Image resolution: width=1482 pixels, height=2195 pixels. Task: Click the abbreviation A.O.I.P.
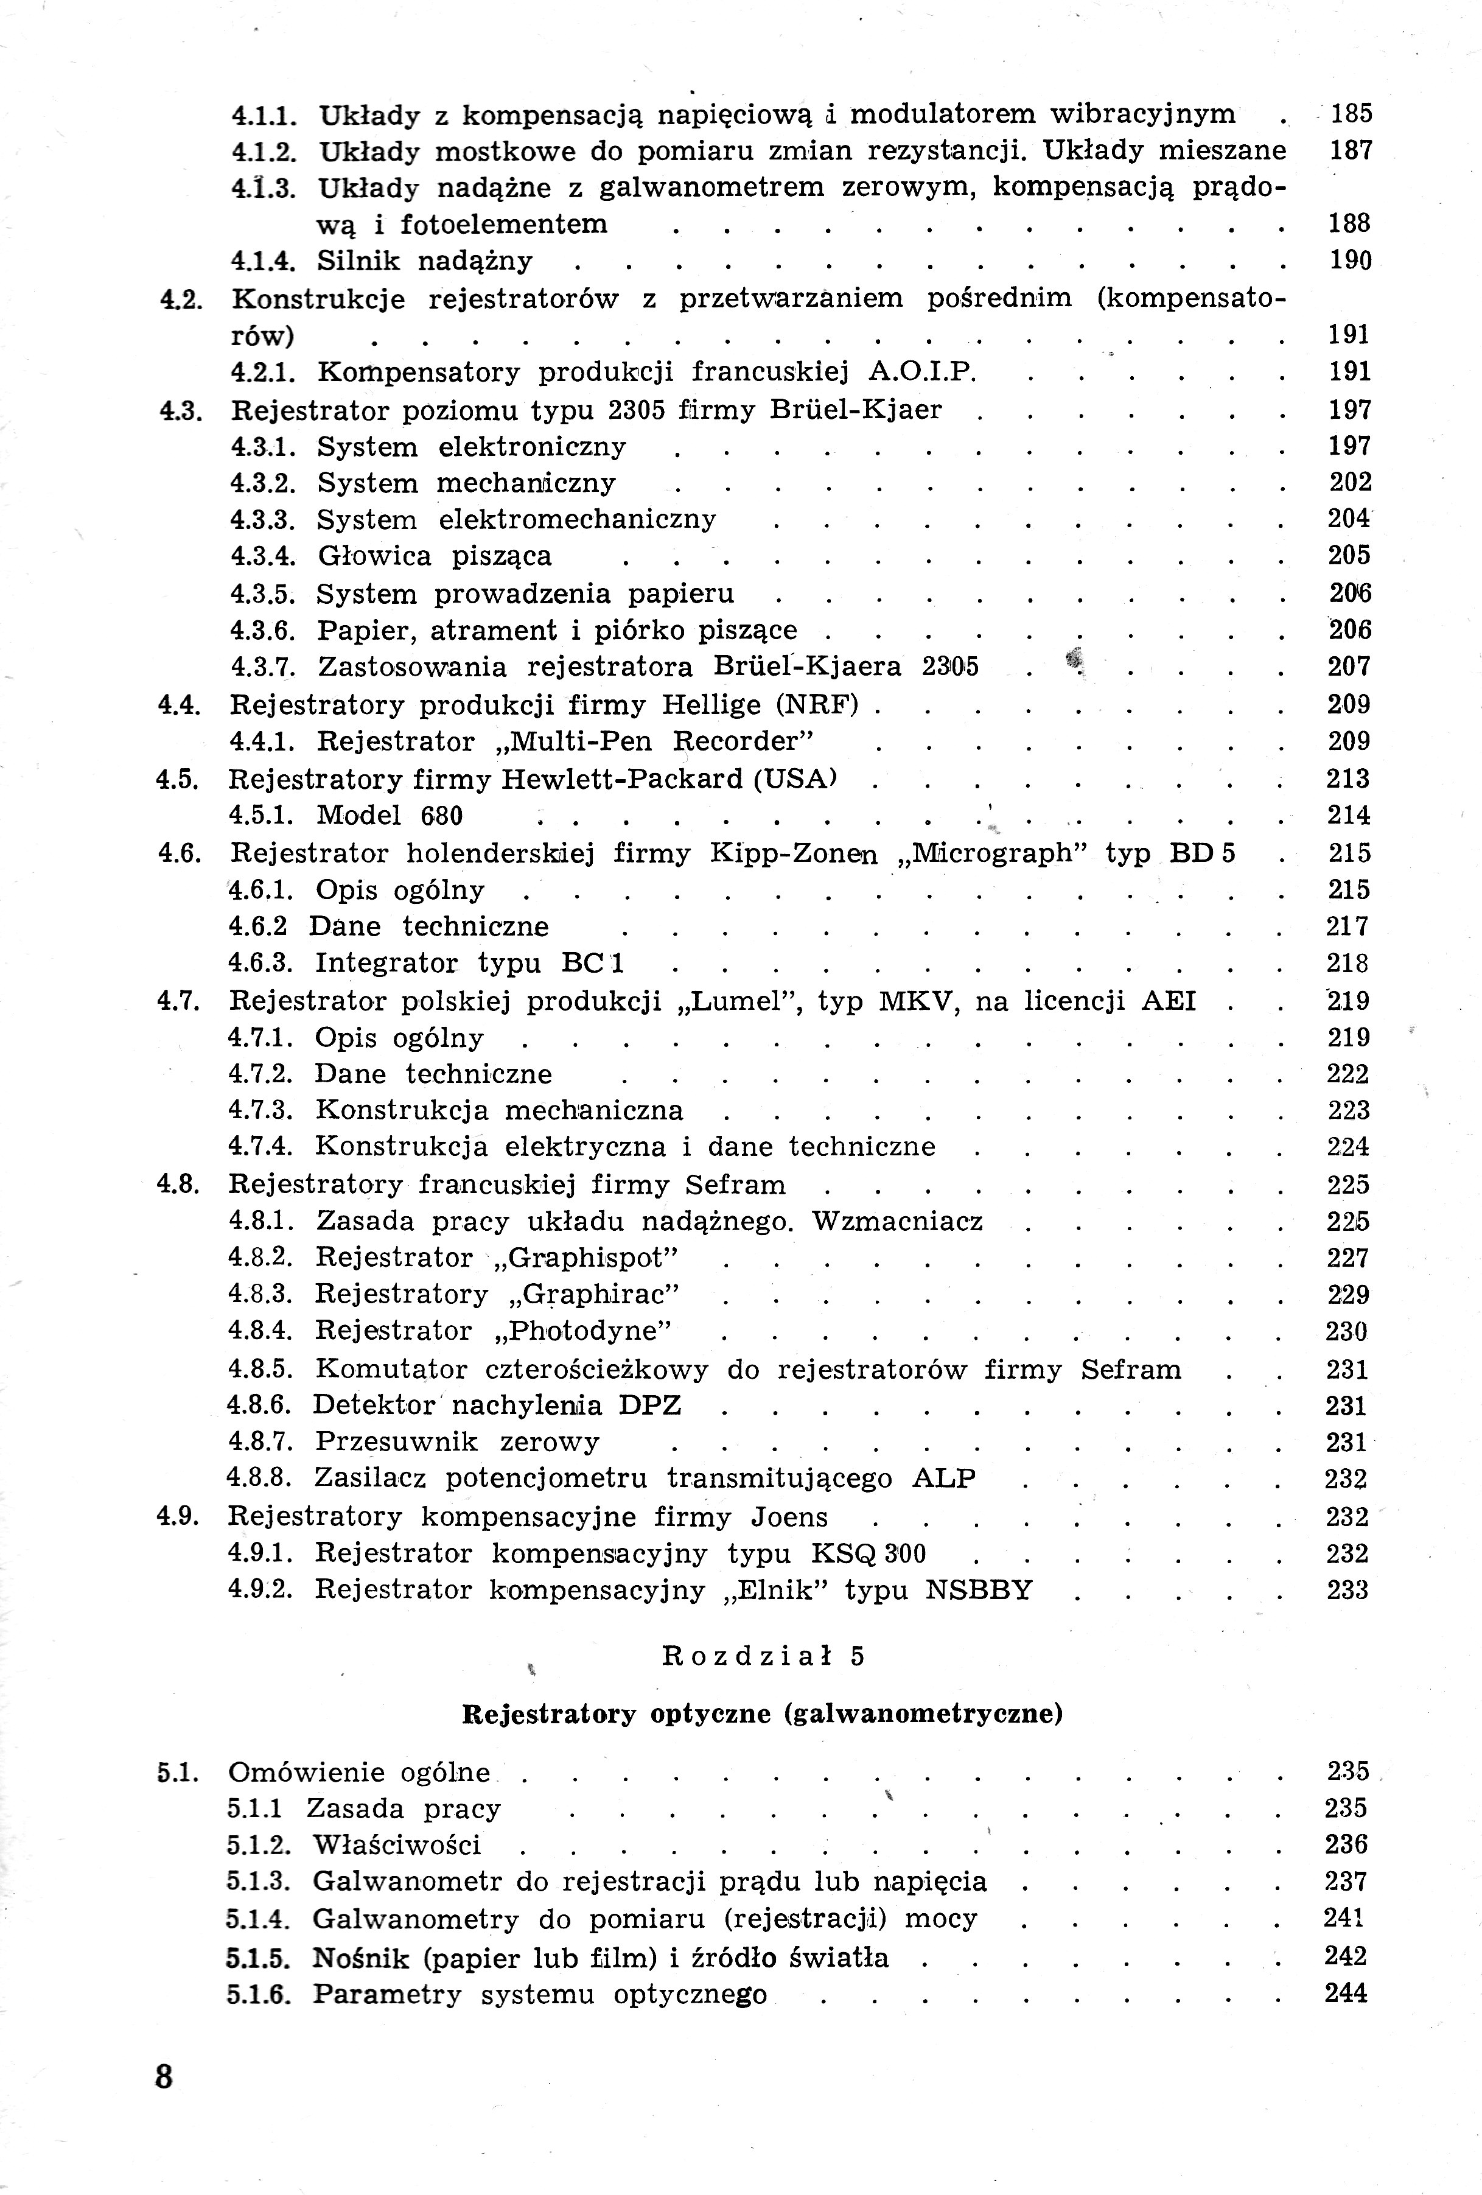921,372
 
